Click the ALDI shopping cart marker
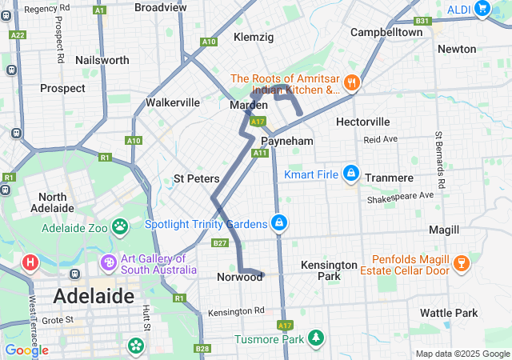pyautogui.click(x=482, y=9)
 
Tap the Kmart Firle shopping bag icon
pyautogui.click(x=351, y=173)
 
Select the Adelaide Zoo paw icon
pyautogui.click(x=120, y=227)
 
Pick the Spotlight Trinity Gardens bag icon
pyautogui.click(x=279, y=223)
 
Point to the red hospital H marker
pyautogui.click(x=30, y=262)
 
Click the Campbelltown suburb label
pyautogui.click(x=386, y=33)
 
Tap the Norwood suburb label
pyautogui.click(x=239, y=277)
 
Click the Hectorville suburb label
pyautogui.click(x=362, y=122)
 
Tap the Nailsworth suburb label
pyautogui.click(x=102, y=60)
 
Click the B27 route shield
pyautogui.click(x=221, y=243)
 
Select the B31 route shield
pyautogui.click(x=423, y=22)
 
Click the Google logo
pyautogui.click(x=26, y=350)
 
